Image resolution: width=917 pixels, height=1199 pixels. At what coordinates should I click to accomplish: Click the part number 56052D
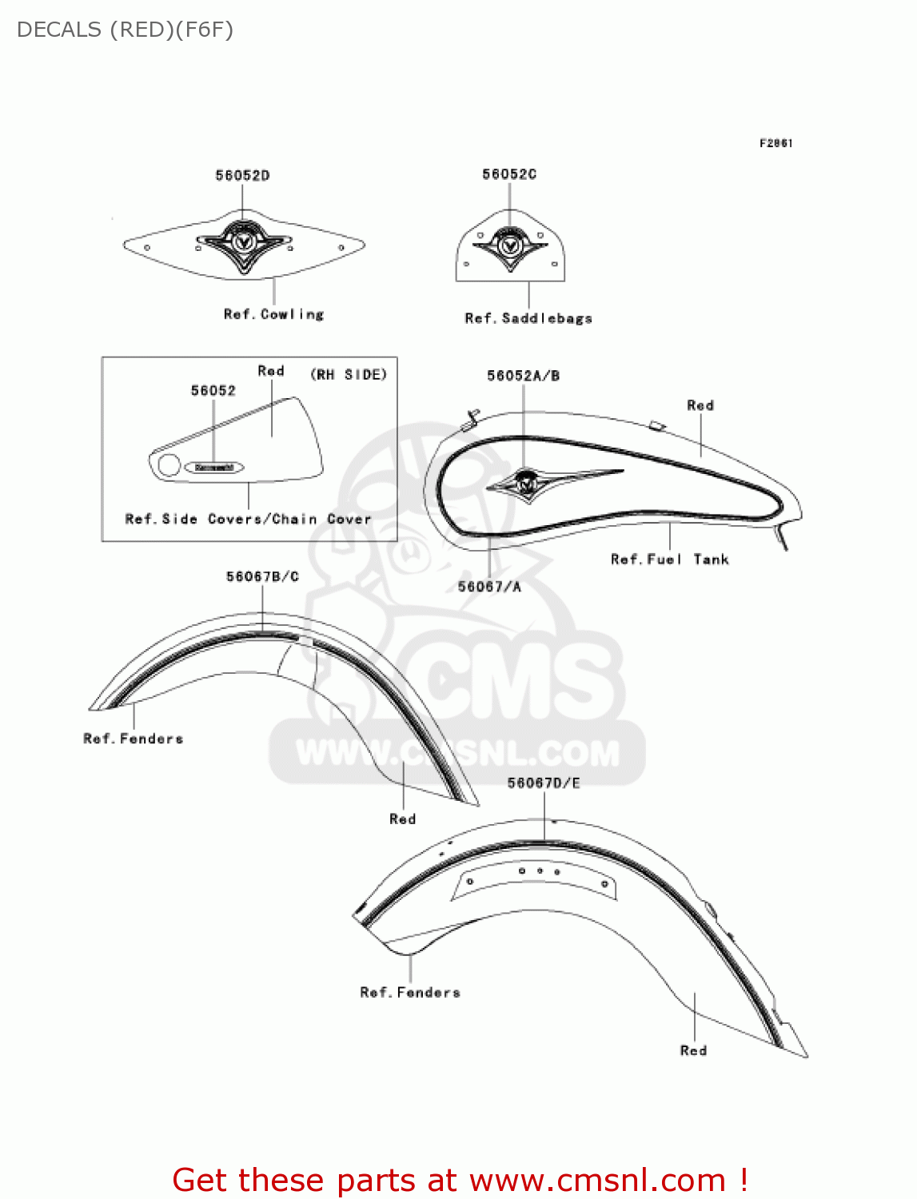click(242, 176)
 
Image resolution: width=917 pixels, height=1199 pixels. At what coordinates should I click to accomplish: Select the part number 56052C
click(509, 174)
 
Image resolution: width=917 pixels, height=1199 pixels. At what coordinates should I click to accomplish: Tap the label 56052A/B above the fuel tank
click(524, 376)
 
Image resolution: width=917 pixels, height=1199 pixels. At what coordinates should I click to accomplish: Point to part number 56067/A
click(489, 587)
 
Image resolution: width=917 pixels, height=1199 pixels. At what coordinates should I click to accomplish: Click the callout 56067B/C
click(262, 576)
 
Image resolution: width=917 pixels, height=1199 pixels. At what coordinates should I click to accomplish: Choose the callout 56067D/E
click(544, 783)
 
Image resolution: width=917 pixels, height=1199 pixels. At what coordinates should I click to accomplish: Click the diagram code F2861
click(775, 143)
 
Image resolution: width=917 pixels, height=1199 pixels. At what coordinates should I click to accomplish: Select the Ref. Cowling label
click(273, 315)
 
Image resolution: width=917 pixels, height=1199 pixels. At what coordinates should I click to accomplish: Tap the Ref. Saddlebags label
click(528, 318)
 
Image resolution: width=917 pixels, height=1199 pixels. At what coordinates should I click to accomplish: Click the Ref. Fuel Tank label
click(670, 560)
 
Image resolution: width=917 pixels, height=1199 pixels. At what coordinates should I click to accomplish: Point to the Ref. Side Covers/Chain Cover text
click(248, 520)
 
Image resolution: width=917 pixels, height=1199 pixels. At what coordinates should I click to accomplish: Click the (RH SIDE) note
click(349, 374)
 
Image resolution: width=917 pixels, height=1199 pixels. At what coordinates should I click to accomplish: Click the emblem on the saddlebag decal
click(510, 242)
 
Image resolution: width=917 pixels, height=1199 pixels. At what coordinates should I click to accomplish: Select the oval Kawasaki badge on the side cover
click(214, 468)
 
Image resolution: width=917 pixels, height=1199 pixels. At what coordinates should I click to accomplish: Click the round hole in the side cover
click(169, 465)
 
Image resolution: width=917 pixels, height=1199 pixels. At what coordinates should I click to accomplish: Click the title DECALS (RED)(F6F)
click(126, 30)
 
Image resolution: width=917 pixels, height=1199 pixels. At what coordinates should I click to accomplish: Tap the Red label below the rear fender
click(693, 1050)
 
